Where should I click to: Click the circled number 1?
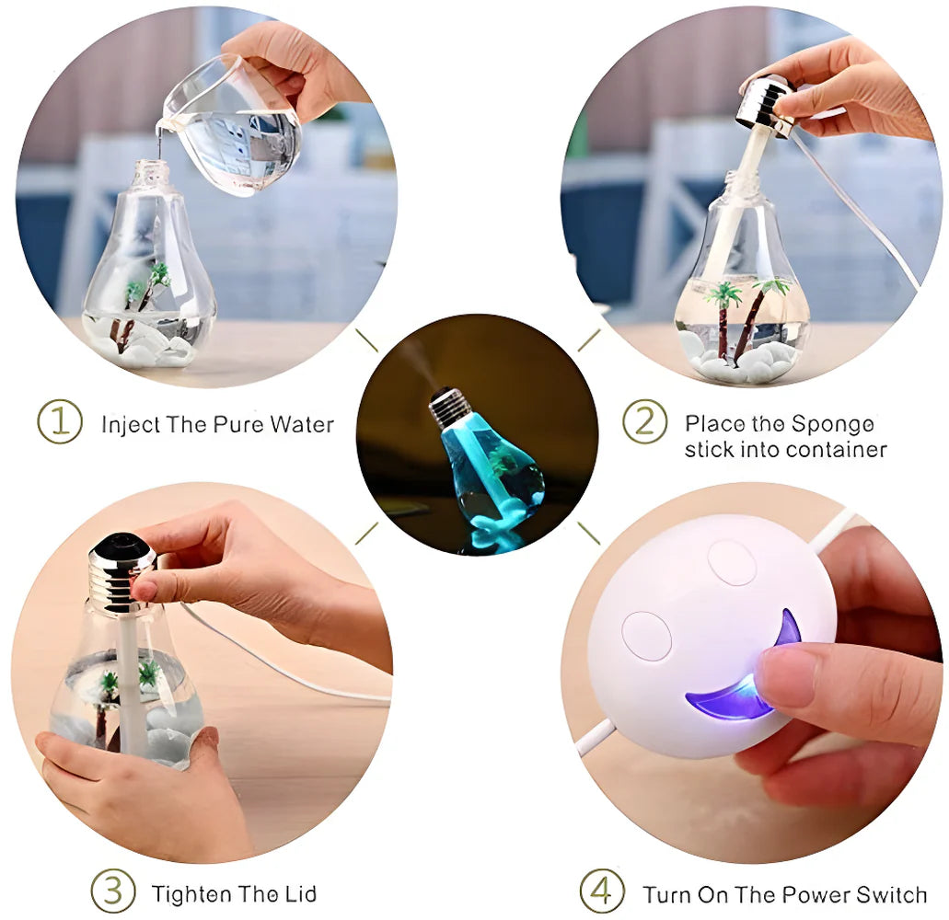tap(59, 423)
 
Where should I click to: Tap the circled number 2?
tap(644, 422)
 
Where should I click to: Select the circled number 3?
tap(112, 891)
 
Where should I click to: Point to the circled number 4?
tap(601, 892)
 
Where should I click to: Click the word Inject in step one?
tap(129, 425)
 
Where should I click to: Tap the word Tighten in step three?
tap(187, 893)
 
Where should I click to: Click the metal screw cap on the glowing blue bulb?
tap(449, 408)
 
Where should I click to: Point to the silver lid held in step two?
tap(763, 105)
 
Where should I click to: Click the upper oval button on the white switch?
tap(732, 562)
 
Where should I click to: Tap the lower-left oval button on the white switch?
tap(646, 636)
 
